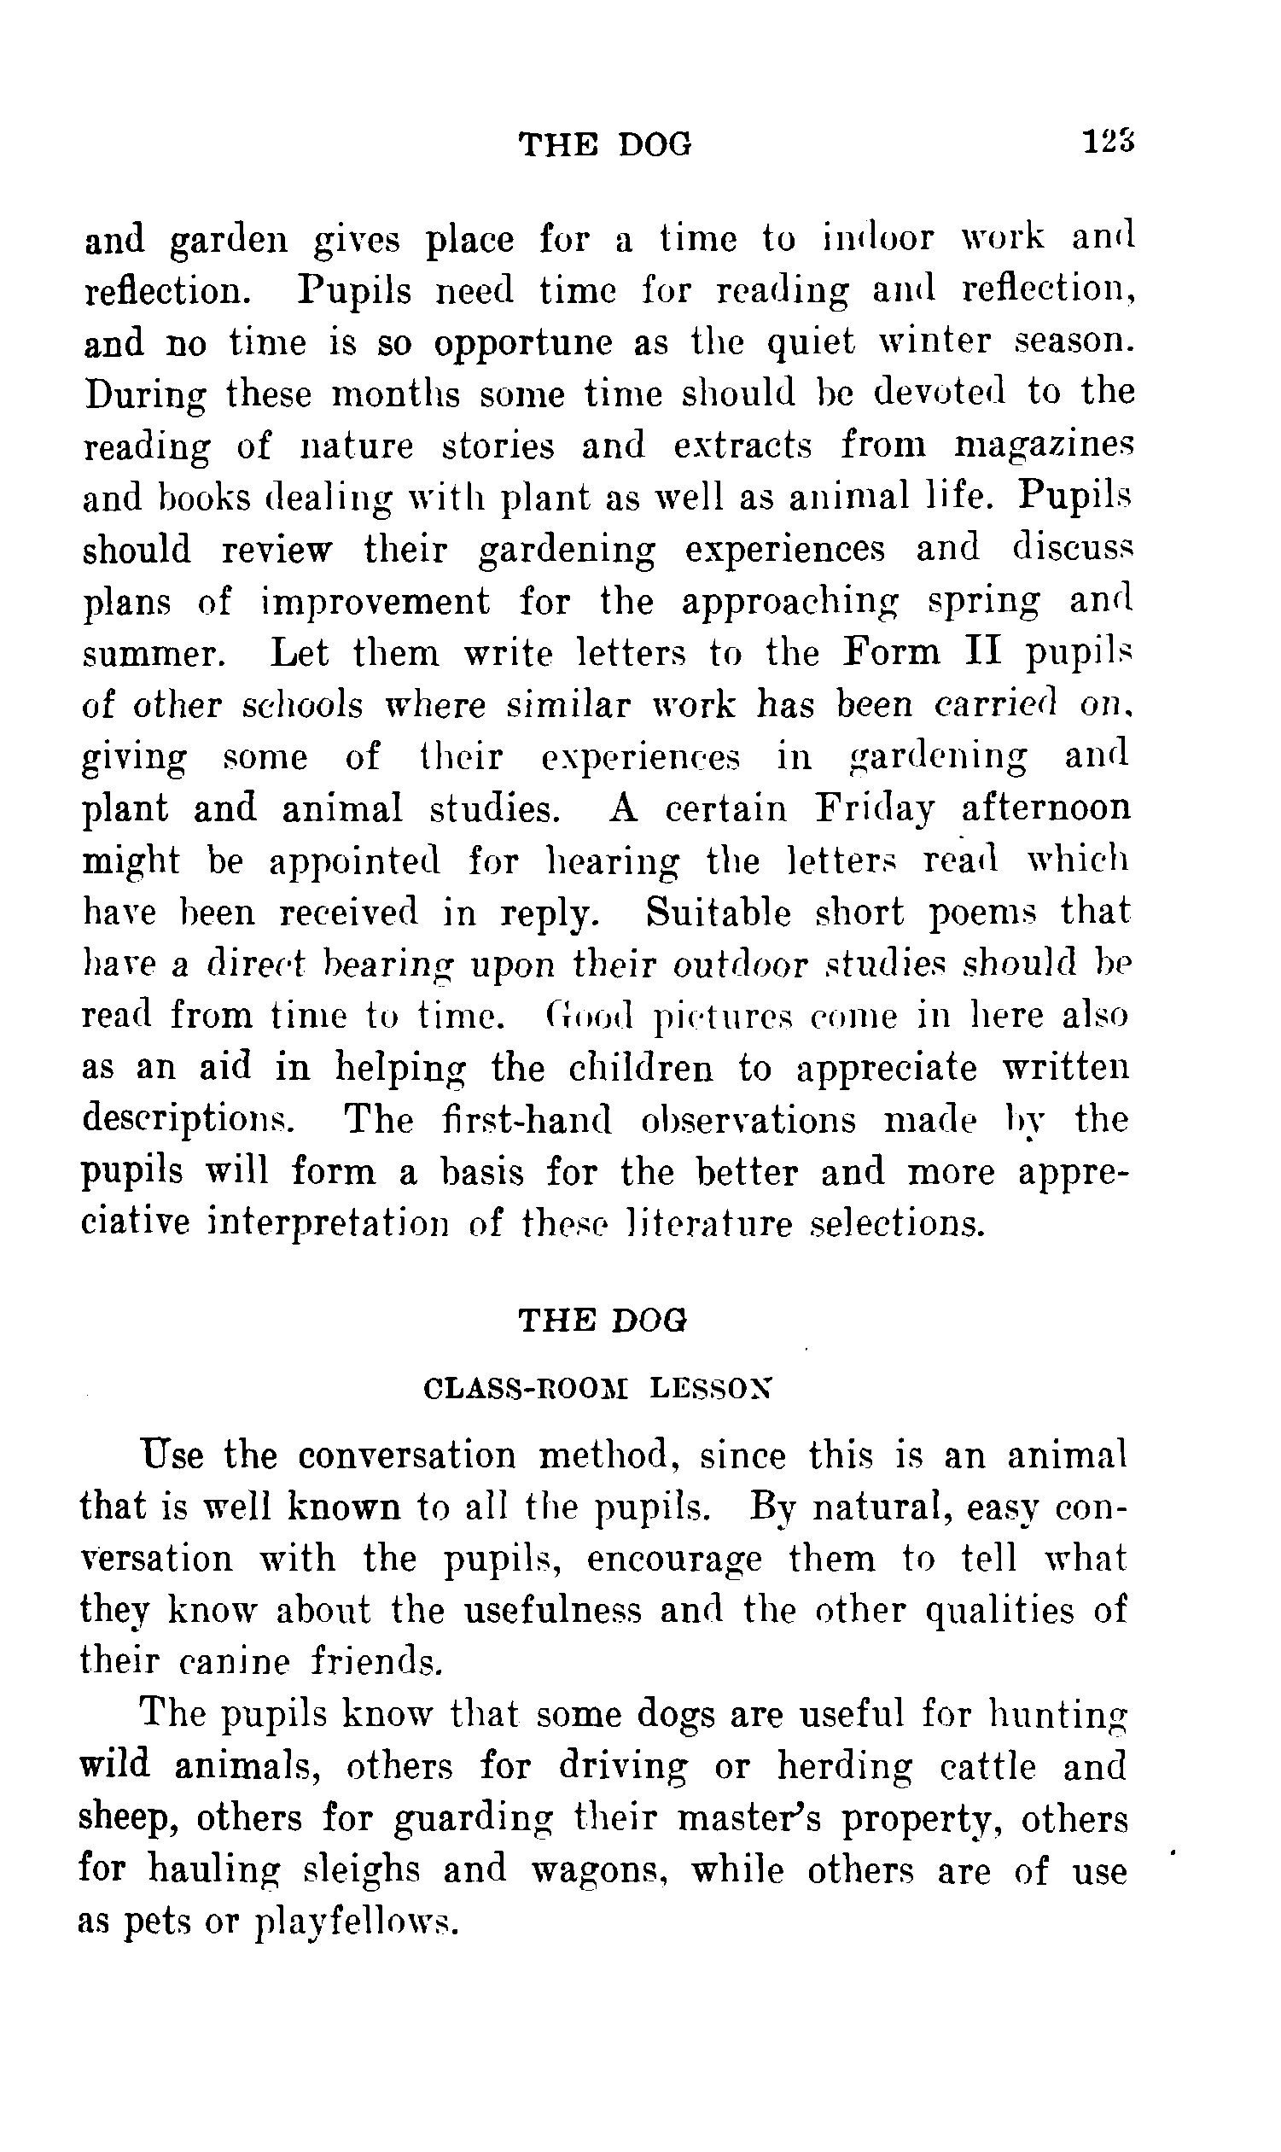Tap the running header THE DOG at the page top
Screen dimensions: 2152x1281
pyautogui.click(x=605, y=144)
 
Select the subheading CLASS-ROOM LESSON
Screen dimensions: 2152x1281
pyautogui.click(x=598, y=1389)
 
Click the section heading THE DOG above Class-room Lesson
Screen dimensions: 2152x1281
pyautogui.click(x=603, y=1321)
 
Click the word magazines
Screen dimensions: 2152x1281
pyautogui.click(x=1043, y=446)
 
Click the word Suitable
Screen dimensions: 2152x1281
pyautogui.click(x=719, y=913)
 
